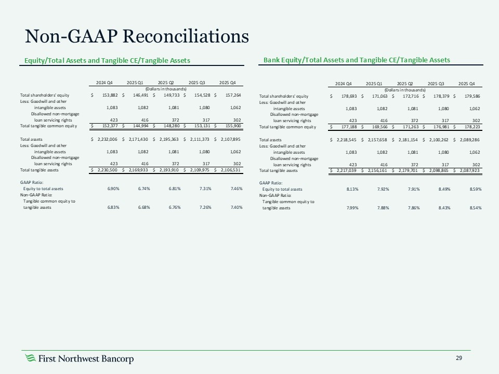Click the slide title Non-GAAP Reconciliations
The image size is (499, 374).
pyautogui.click(x=137, y=36)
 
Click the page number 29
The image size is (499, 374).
pyautogui.click(x=459, y=358)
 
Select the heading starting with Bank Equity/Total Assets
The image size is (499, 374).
pyautogui.click(x=357, y=60)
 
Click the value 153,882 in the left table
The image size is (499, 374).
pyautogui.click(x=106, y=96)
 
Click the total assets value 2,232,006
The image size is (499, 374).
pyautogui.click(x=106, y=139)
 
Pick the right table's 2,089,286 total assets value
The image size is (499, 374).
pyautogui.click(x=470, y=140)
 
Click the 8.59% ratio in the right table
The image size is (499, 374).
pyautogui.click(x=474, y=189)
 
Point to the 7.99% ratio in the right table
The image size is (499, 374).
pyautogui.click(x=350, y=208)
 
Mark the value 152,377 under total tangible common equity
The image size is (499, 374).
pyautogui.click(x=106, y=126)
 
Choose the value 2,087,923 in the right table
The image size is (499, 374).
pyautogui.click(x=470, y=170)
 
